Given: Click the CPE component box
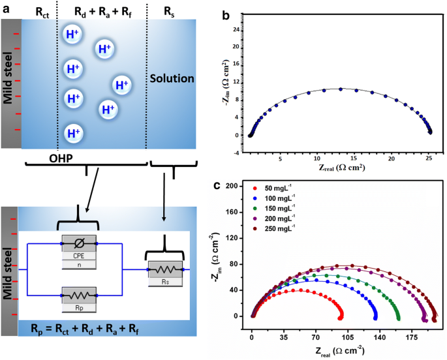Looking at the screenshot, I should pos(79,247).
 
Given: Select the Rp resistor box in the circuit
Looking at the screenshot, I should pos(79,297).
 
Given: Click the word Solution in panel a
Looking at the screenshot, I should pos(172,79).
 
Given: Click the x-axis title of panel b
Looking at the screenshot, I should pos(338,168).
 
